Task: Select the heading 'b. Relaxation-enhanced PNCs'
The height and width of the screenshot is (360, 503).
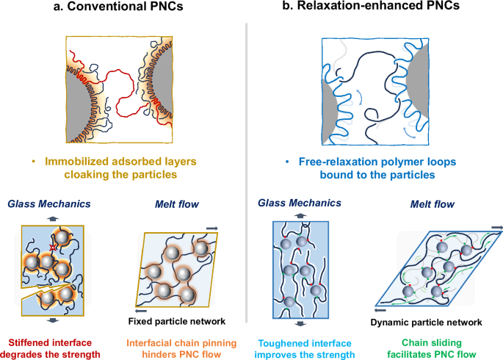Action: [375, 10]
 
